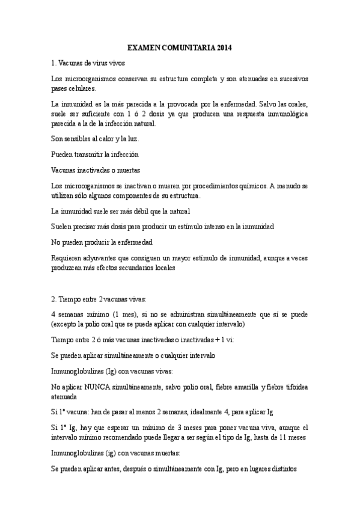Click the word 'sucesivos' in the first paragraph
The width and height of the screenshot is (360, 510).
pos(293,78)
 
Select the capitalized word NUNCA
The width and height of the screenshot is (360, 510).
pos(98,387)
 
